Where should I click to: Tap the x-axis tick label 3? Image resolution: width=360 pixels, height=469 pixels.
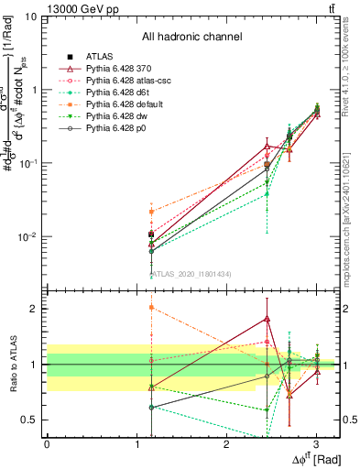[x=316, y=442]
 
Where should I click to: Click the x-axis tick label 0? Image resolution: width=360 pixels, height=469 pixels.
[x=47, y=442]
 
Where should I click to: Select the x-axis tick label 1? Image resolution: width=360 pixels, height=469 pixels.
[x=136, y=442]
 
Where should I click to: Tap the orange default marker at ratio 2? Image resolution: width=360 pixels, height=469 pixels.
[x=151, y=308]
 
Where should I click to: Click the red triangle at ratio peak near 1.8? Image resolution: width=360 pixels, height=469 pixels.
[x=267, y=319]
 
